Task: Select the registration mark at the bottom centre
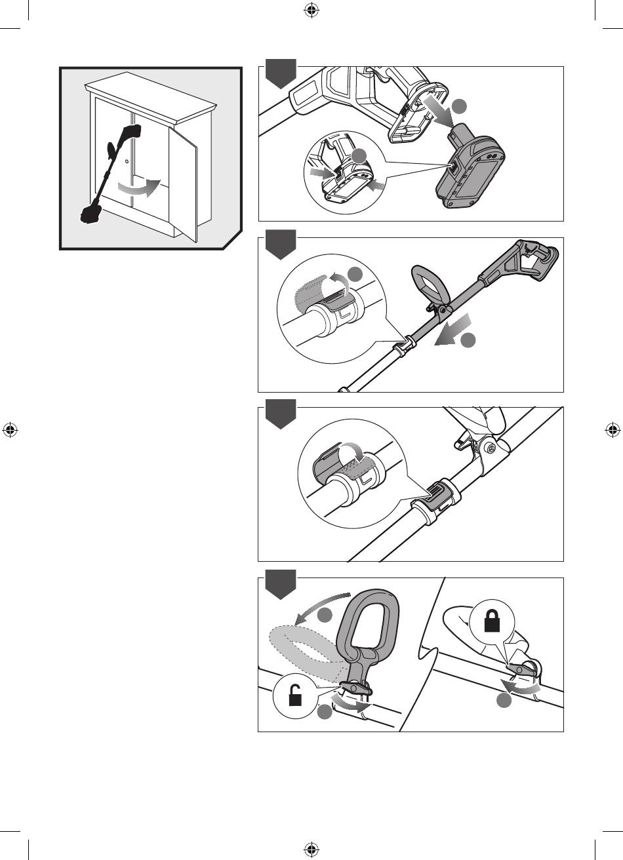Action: (x=311, y=850)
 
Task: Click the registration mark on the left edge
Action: (x=10, y=430)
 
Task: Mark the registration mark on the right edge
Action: (x=613, y=430)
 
